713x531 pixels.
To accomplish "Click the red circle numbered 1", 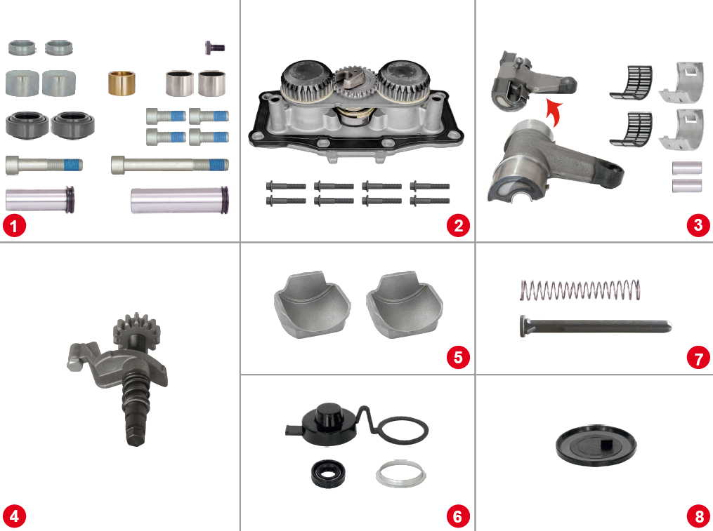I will (x=14, y=226).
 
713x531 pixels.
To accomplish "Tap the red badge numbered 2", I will (x=458, y=226).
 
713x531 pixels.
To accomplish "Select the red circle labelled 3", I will (x=698, y=226).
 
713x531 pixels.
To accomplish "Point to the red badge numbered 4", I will (x=14, y=517).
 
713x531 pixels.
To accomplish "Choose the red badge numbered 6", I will (x=458, y=517).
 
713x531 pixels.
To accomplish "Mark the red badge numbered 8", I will (x=698, y=517).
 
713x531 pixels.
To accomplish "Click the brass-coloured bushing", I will (x=121, y=83).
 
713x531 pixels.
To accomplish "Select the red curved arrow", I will (x=554, y=111).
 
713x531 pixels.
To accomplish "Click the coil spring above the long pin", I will (x=580, y=288).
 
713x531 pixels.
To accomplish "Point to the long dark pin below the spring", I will (x=594, y=325).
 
